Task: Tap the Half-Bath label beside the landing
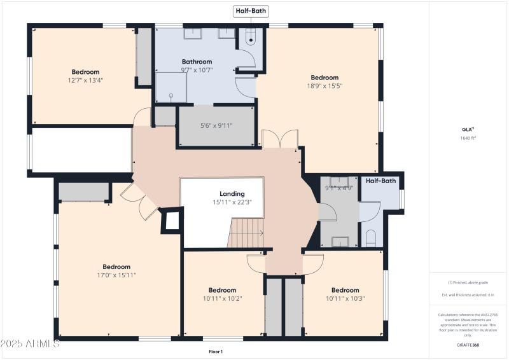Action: (x=380, y=181)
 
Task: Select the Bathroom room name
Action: (x=196, y=62)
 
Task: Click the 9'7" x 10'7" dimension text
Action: (x=196, y=70)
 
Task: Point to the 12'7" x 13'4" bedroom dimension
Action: (x=85, y=80)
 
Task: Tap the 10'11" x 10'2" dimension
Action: (x=223, y=298)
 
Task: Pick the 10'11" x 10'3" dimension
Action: (x=345, y=298)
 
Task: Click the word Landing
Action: (x=232, y=194)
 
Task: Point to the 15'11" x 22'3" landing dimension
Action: (x=232, y=202)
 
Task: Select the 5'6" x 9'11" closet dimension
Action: (x=216, y=125)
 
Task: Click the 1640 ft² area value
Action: (x=468, y=138)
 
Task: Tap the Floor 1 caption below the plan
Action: (x=216, y=351)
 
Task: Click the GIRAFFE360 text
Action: (x=468, y=344)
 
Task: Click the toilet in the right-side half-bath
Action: (x=371, y=239)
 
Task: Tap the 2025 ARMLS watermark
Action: (x=31, y=344)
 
